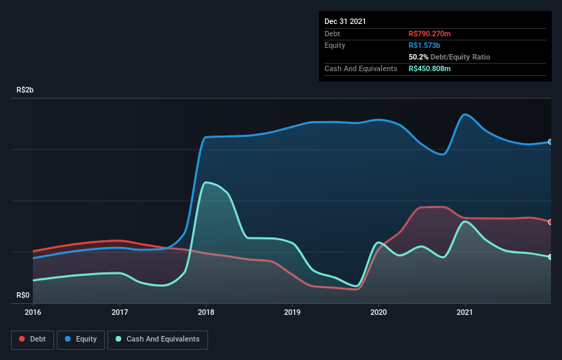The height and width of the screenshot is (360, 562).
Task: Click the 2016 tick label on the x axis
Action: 33,313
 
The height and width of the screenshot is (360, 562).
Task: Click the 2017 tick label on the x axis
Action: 120,313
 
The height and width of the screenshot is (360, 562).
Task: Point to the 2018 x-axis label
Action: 206,313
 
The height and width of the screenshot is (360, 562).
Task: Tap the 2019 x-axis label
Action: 292,313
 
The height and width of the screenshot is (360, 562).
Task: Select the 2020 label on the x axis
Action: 379,313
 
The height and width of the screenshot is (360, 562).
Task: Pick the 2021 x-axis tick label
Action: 465,313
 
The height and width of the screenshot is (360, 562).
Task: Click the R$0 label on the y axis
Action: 23,296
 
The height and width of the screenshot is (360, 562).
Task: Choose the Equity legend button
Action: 81,339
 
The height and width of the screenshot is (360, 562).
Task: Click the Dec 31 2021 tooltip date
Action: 345,21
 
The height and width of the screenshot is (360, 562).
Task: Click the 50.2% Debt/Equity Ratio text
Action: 449,57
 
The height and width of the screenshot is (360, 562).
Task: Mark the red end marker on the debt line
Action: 550,222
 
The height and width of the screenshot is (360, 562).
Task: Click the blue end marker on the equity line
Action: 550,142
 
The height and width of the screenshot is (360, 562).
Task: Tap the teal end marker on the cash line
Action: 550,257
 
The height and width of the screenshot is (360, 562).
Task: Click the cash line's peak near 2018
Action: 207,182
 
